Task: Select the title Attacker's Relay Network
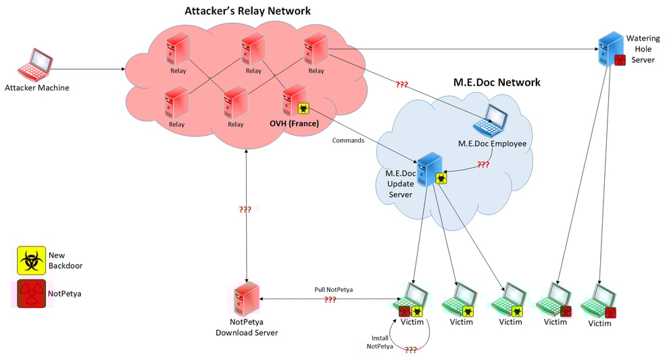[247, 11]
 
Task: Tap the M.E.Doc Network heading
[497, 82]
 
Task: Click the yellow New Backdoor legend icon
[31, 260]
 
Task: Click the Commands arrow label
[349, 140]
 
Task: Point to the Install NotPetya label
[379, 342]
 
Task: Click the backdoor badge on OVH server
[304, 109]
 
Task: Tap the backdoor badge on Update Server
[441, 178]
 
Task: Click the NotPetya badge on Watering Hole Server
[618, 59]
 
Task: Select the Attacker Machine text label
[37, 88]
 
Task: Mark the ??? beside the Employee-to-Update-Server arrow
[483, 164]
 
